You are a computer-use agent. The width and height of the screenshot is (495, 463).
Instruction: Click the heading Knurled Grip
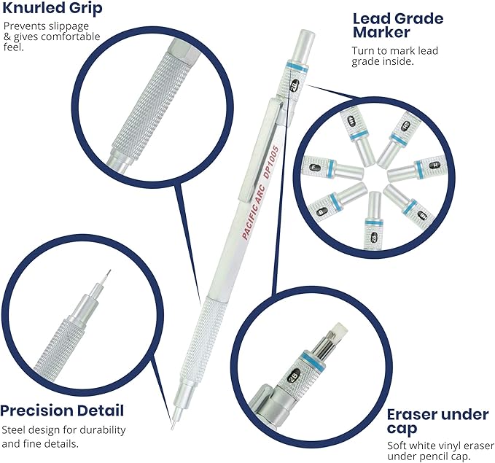pos(53,9)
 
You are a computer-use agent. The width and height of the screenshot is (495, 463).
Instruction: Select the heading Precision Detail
pos(62,410)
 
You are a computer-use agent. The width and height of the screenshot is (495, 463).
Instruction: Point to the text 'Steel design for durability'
pos(63,429)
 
